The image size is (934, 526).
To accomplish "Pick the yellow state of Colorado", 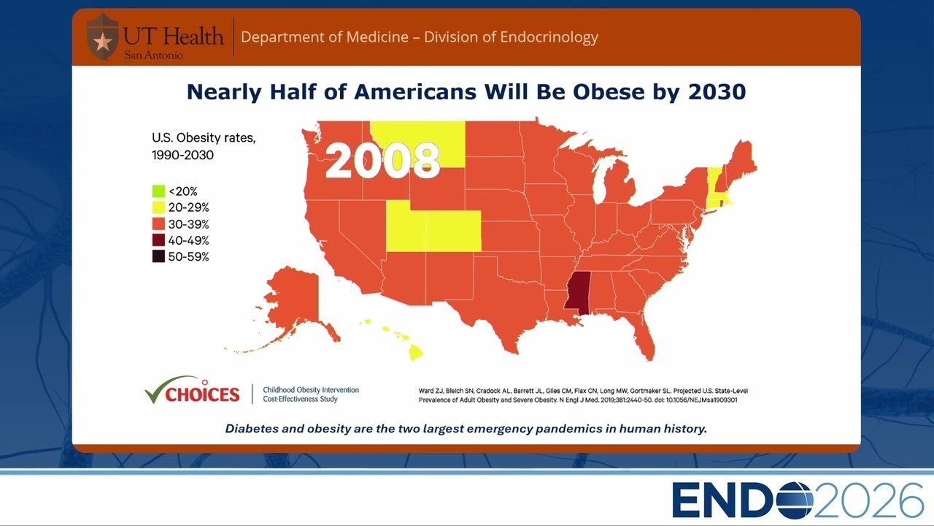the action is (453, 231).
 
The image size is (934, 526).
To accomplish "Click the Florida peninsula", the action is (644, 338).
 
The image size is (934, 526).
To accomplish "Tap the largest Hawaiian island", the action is (416, 352).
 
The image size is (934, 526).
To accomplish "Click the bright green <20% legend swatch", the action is (158, 191).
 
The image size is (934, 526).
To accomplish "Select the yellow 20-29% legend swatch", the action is (158, 207).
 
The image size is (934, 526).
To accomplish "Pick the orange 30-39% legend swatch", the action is (158, 224).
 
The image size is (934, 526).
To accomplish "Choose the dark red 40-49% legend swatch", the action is (158, 240).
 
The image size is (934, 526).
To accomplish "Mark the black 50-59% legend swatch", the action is (158, 256).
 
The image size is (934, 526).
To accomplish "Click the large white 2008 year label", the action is (382, 161).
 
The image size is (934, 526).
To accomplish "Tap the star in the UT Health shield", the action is (103, 42).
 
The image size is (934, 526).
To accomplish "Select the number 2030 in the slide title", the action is (717, 92).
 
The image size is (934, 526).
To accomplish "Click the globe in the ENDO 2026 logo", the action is (795, 500).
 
